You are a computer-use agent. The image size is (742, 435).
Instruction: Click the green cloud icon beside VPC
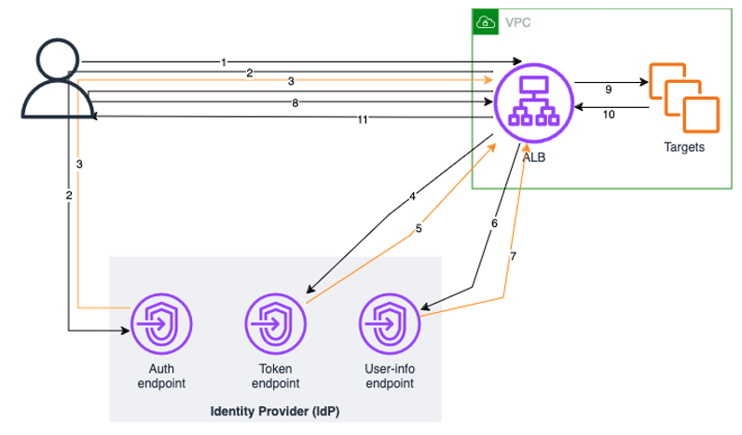click(x=485, y=22)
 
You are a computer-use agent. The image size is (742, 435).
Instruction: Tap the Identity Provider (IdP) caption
click(x=275, y=411)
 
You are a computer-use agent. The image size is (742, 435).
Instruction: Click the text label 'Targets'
click(x=683, y=147)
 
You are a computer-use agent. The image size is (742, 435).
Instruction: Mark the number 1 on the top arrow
click(x=224, y=62)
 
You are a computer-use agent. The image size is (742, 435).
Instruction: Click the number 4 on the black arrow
click(x=412, y=197)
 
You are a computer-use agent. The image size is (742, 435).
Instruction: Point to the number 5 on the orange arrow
click(x=419, y=228)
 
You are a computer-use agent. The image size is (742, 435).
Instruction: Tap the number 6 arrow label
click(x=494, y=224)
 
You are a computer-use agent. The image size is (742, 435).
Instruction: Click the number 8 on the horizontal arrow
click(x=295, y=103)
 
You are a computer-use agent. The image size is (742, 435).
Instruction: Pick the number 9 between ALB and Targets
click(x=608, y=89)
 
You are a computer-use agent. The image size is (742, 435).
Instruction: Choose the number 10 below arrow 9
click(x=611, y=116)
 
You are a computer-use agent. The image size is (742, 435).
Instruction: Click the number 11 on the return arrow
click(x=362, y=119)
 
